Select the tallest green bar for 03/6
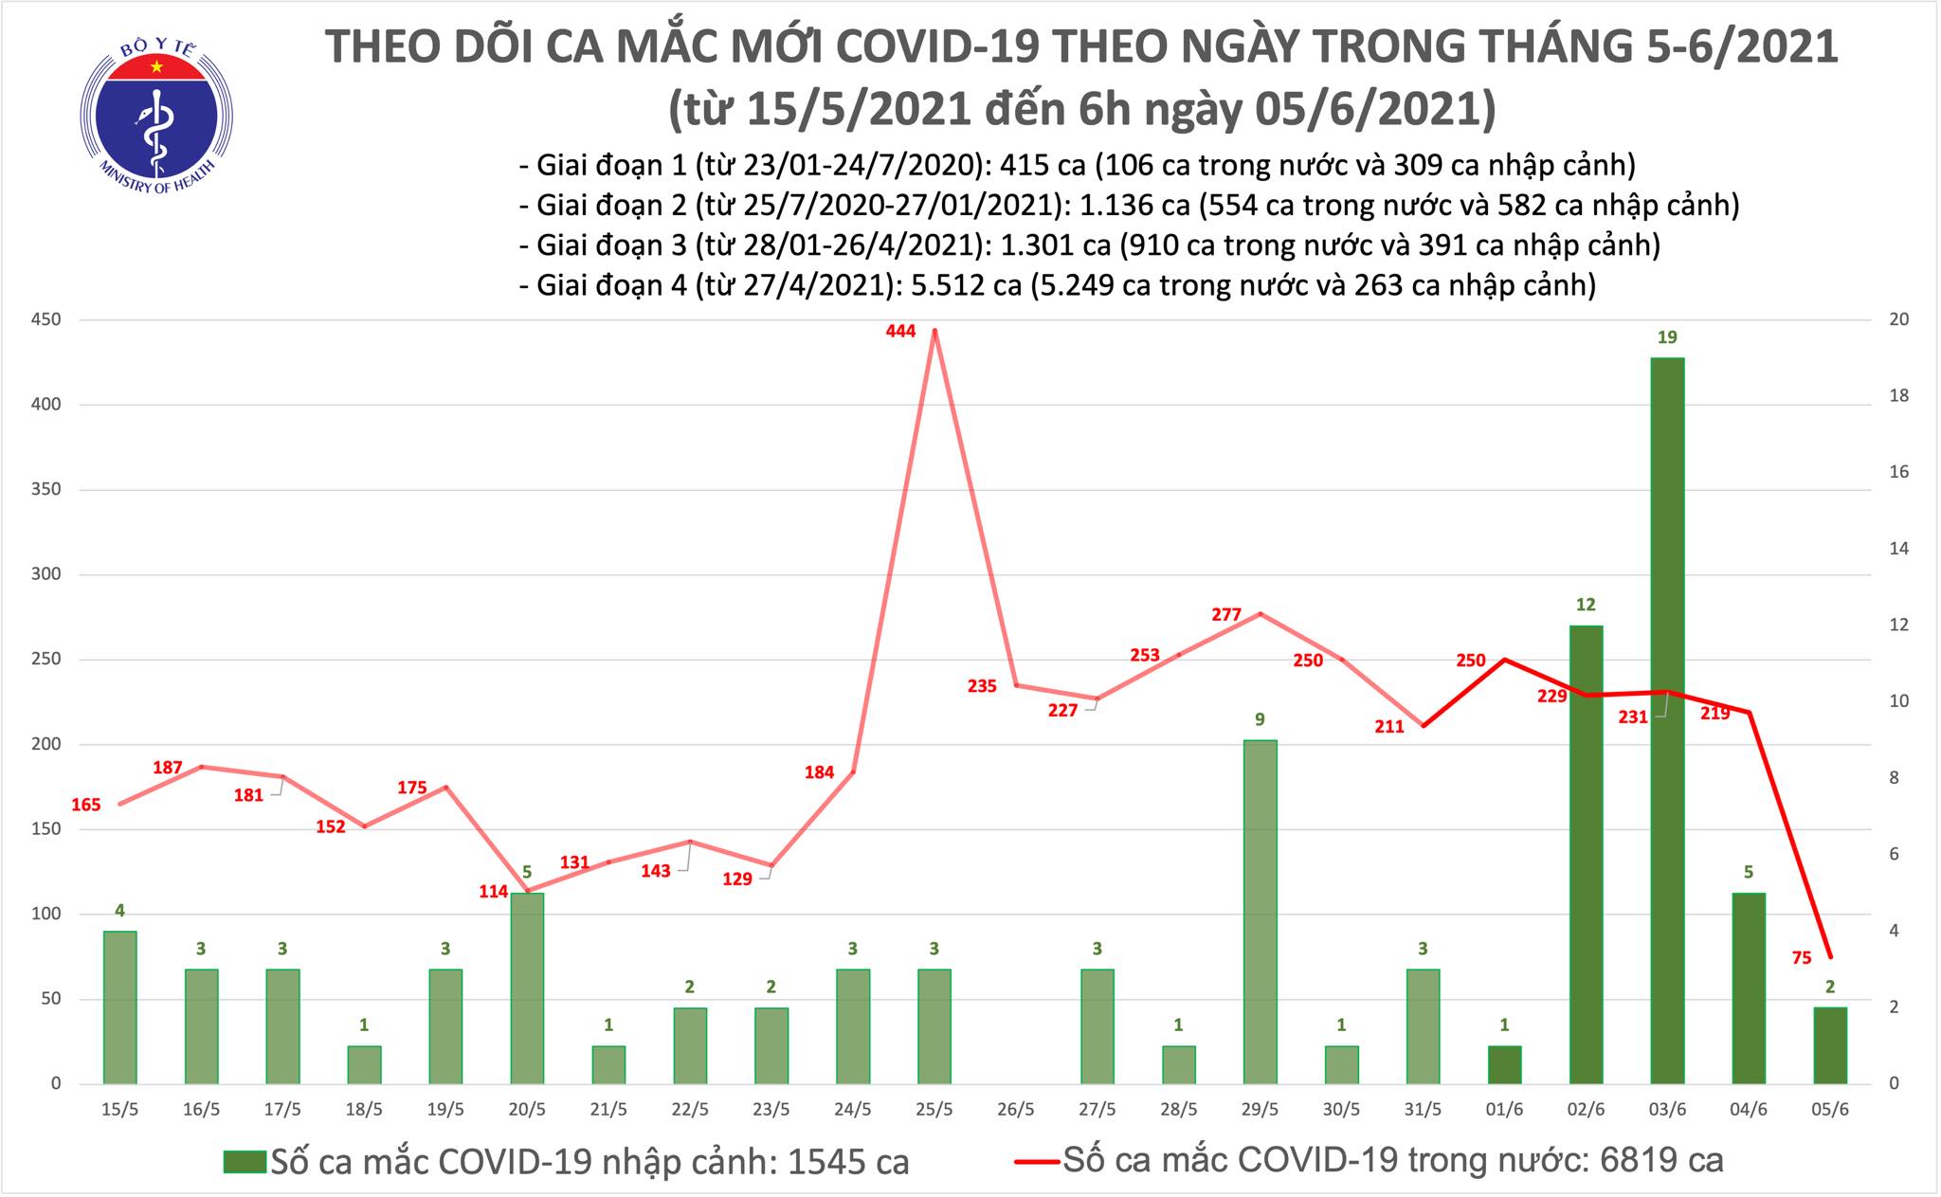[1667, 720]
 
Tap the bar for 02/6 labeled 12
[1586, 853]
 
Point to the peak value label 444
[900, 331]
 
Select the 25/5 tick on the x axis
[934, 1109]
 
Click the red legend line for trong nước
[1036, 1161]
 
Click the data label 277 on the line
[1226, 615]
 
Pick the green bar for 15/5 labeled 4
[120, 1007]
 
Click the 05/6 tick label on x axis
[1830, 1109]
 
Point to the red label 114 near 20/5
[494, 892]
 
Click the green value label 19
[1667, 337]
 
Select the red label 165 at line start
[85, 806]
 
